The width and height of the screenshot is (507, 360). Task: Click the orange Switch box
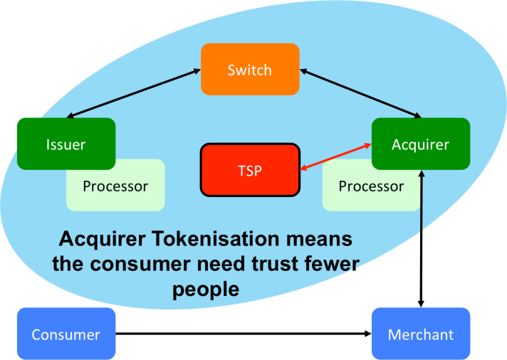[250, 70]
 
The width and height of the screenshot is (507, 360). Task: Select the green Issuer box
[66, 144]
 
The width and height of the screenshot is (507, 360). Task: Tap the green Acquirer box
[420, 144]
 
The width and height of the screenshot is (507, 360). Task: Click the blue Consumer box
[66, 334]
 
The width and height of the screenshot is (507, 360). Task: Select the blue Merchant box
[420, 334]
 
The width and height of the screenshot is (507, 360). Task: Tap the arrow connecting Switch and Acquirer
[360, 92]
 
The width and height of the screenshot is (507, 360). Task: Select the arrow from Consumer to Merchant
[242, 333]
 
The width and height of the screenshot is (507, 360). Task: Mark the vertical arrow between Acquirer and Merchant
[421, 238]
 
